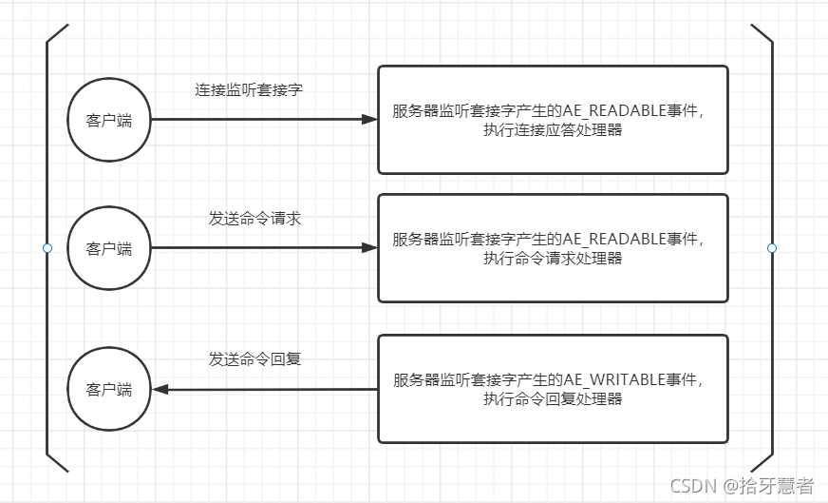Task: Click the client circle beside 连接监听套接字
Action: coord(109,120)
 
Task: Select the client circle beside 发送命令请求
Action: coord(109,249)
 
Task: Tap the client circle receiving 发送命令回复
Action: coord(109,390)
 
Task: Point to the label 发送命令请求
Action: coord(254,219)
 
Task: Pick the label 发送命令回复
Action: coord(254,359)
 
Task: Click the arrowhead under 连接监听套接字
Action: coord(370,120)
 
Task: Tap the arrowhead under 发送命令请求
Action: coord(370,248)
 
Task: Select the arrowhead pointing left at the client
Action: coord(160,390)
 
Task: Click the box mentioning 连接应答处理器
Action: coord(553,120)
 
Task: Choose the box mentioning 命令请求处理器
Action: coord(553,248)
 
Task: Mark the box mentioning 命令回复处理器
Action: coord(553,389)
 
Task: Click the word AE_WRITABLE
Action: coord(612,380)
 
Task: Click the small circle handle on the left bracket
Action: coord(47,248)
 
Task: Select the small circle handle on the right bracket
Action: coord(771,248)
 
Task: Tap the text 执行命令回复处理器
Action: coord(553,399)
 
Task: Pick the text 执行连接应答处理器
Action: coord(553,129)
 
